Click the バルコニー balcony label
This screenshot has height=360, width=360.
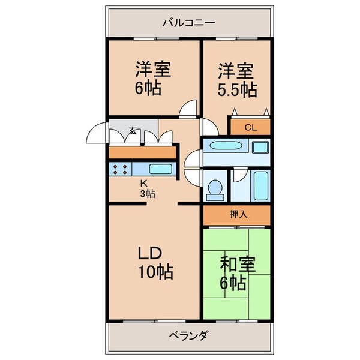pyautogui.click(x=189, y=23)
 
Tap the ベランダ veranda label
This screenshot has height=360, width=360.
pyautogui.click(x=189, y=336)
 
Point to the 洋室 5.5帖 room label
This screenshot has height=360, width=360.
pyautogui.click(x=237, y=80)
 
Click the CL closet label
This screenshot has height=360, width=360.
pyautogui.click(x=251, y=127)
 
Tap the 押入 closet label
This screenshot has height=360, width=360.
pyautogui.click(x=239, y=214)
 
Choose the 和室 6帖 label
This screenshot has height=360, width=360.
pyautogui.click(x=238, y=274)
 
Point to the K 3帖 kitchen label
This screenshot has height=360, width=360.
pyautogui.click(x=148, y=189)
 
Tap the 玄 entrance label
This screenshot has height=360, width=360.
pyautogui.click(x=133, y=131)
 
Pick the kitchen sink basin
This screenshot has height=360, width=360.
pyautogui.click(x=161, y=169)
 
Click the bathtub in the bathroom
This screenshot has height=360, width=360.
pyautogui.click(x=261, y=186)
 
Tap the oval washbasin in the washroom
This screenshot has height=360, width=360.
pyautogui.click(x=226, y=146)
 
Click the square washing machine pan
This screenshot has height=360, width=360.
pyautogui.click(x=260, y=147)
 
